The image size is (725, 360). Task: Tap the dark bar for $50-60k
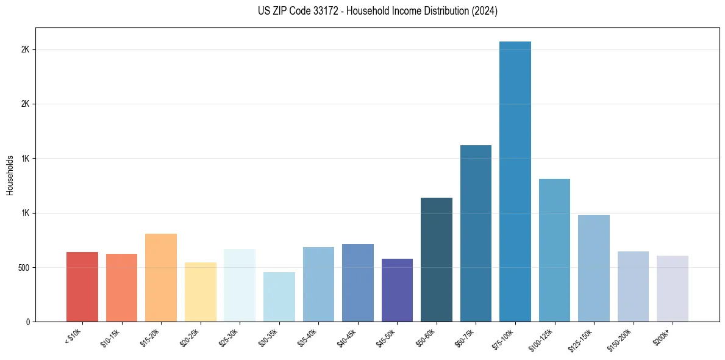(x=437, y=259)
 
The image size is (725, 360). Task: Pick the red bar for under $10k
(x=82, y=287)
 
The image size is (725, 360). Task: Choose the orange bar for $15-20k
(x=161, y=278)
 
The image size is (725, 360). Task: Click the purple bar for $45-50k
(x=397, y=290)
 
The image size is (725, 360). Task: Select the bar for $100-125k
(x=554, y=250)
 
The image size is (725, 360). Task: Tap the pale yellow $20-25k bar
(x=201, y=292)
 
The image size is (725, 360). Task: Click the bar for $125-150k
(x=594, y=268)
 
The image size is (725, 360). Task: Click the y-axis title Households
(x=10, y=175)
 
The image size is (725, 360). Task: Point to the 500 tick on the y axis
(x=23, y=267)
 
